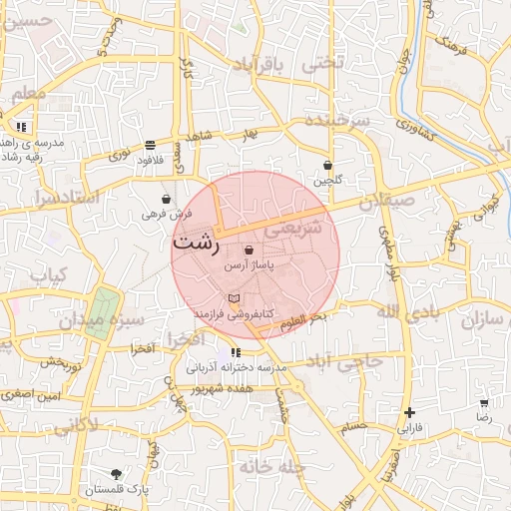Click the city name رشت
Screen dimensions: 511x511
(x=198, y=243)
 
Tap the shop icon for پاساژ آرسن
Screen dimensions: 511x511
(x=248, y=250)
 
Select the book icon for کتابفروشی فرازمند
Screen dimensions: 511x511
(x=234, y=298)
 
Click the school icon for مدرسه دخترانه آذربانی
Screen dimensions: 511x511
(x=236, y=352)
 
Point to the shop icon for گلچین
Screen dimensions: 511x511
(x=327, y=165)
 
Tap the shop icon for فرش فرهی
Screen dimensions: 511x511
(x=165, y=199)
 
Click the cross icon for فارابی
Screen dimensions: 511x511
(x=409, y=411)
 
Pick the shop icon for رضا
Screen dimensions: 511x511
(x=484, y=403)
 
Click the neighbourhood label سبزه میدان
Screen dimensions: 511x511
(x=102, y=320)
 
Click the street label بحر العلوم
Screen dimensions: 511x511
(x=304, y=318)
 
